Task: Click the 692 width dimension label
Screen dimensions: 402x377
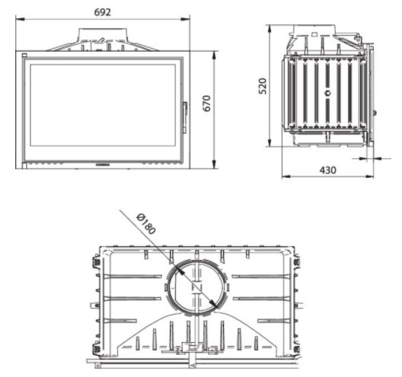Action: point(103,12)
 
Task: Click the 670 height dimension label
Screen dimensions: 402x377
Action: point(206,103)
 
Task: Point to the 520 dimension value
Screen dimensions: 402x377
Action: point(263,86)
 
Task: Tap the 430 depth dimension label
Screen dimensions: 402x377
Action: point(327,170)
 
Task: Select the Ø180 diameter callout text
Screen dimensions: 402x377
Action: point(146,223)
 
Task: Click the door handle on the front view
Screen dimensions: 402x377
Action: point(185,118)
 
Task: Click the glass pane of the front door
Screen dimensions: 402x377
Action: point(103,105)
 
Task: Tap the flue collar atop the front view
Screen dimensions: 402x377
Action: point(103,34)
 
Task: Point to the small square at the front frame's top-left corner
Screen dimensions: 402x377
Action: point(24,55)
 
